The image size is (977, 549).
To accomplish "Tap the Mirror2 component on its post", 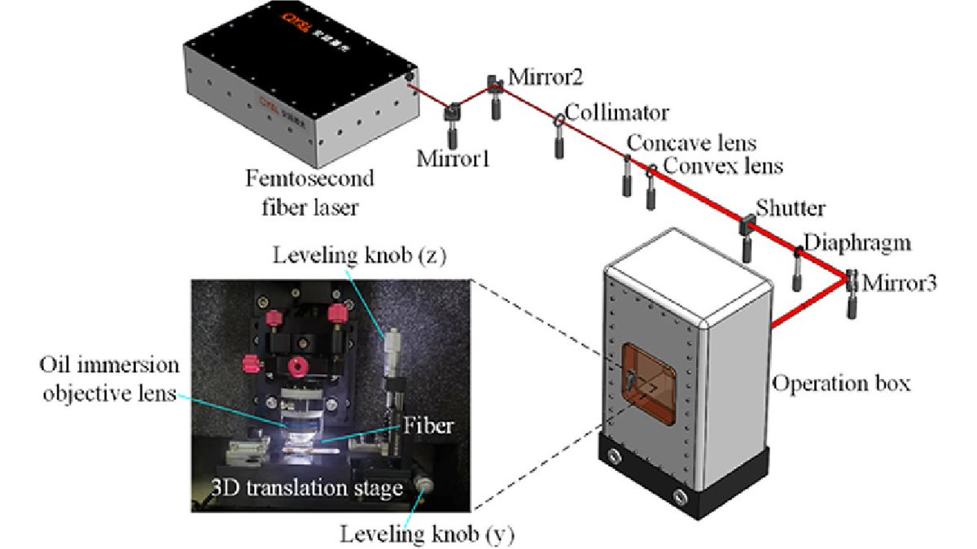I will click(494, 84).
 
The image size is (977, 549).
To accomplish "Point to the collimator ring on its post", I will click(559, 120).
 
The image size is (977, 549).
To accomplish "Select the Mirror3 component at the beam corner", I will click(852, 282).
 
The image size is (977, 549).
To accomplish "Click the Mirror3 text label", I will click(900, 285).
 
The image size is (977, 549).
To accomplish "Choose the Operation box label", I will click(839, 382).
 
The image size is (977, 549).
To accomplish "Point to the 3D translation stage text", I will click(309, 489).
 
